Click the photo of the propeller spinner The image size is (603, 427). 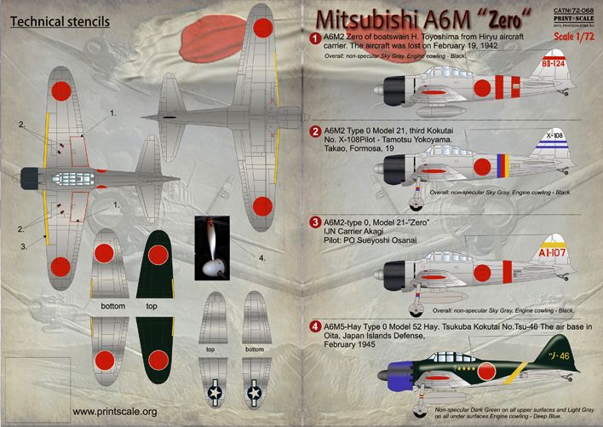(212, 250)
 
